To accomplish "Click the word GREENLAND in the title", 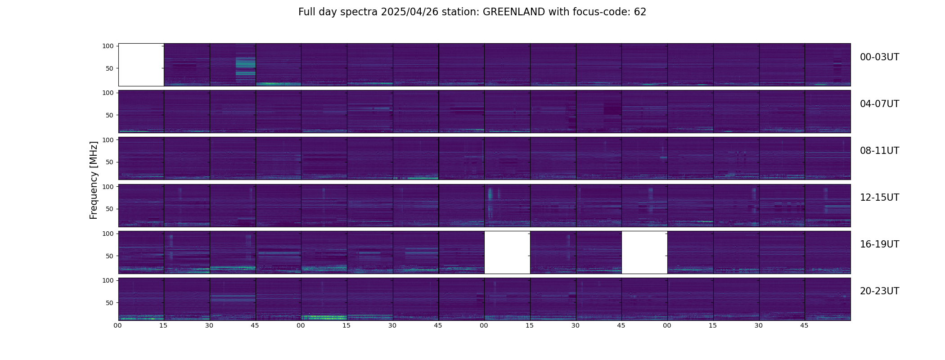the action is [x=514, y=12].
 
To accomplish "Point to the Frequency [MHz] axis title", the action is [x=94, y=180].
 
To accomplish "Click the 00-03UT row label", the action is [x=879, y=57].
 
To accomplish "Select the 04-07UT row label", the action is [x=879, y=104].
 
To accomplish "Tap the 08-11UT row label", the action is [x=879, y=151].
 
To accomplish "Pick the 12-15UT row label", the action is [x=879, y=198].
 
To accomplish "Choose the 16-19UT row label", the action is [x=879, y=244].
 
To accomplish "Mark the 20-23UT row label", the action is [x=879, y=291].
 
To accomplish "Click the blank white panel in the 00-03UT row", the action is [x=141, y=65].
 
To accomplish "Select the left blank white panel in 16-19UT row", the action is [x=507, y=252].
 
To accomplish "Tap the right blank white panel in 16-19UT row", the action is [x=644, y=252].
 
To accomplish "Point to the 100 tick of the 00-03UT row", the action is [x=108, y=46].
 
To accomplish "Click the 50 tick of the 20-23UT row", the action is [x=109, y=303].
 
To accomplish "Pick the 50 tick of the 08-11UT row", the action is [x=109, y=162].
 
